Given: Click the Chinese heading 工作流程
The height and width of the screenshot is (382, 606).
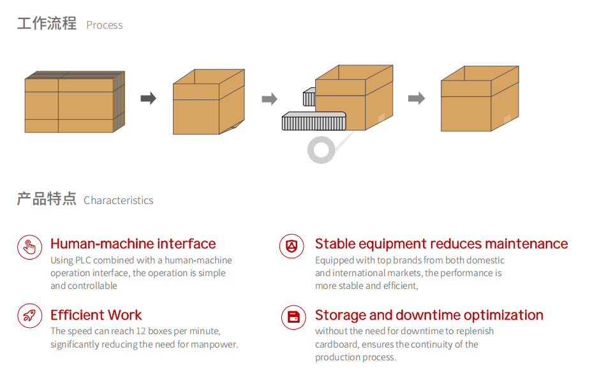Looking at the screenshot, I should point(47,24).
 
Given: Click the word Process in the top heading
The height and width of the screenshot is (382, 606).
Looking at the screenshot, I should point(105,26).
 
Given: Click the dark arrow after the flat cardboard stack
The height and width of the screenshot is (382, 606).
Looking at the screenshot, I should point(148,98).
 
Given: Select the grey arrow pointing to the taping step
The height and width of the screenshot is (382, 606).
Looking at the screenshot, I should point(269,99).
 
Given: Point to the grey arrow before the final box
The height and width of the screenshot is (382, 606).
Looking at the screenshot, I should point(417,98).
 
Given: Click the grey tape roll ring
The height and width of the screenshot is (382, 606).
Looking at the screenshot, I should point(321,150).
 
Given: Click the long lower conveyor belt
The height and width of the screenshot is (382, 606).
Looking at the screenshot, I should point(313,121).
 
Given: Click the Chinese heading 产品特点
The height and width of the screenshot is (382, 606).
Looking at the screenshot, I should point(47,199).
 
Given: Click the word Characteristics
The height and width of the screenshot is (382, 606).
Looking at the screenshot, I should point(119,200).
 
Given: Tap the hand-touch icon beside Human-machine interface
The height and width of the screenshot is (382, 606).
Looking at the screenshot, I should point(29,246).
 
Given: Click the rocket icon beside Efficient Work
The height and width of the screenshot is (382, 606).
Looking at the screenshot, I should point(29,316).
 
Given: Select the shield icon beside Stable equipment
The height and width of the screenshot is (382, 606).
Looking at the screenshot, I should point(292,246).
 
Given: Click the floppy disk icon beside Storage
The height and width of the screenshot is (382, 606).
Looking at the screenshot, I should point(293,317).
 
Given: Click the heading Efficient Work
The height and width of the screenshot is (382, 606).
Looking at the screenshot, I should point(96,315).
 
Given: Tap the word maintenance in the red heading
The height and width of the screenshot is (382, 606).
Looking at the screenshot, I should point(526,244).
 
